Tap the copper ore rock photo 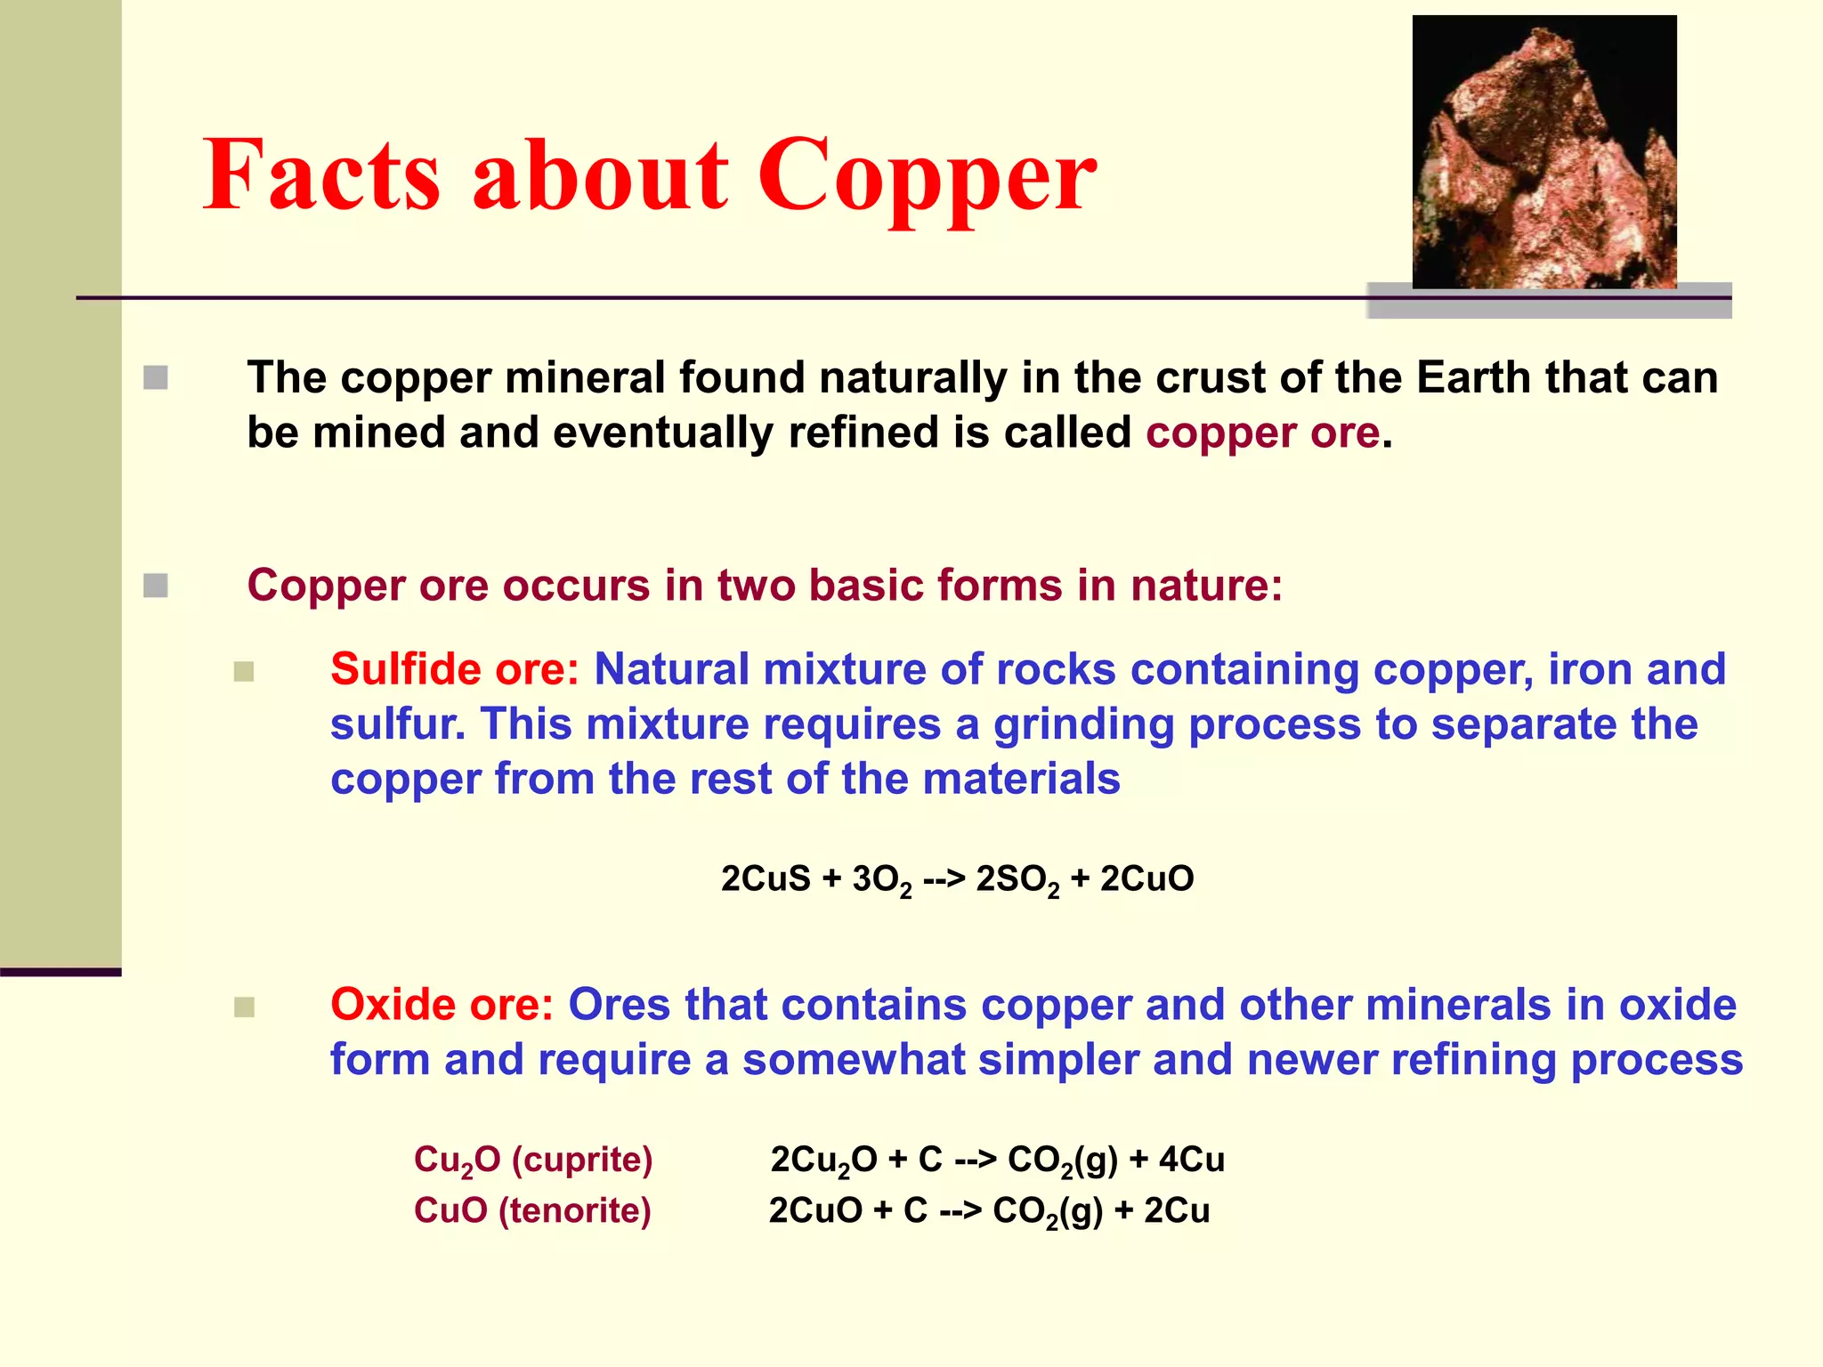[1544, 152]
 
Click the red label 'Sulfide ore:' [455, 669]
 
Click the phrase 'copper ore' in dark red [1262, 433]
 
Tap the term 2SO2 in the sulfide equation [1017, 879]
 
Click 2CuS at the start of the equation [766, 878]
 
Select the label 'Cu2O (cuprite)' [533, 1160]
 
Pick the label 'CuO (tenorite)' [532, 1210]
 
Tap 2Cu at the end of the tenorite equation [1177, 1210]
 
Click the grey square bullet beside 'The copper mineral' [156, 378]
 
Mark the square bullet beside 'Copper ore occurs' [156, 586]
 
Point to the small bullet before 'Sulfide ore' [244, 671]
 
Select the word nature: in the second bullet [1206, 586]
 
